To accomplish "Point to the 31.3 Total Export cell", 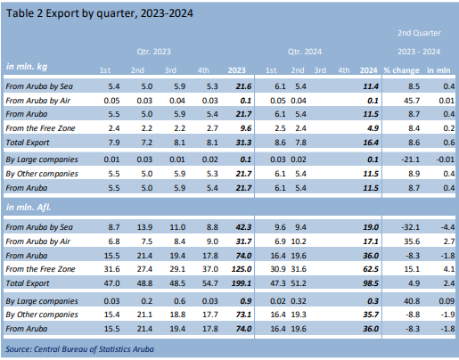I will tap(238, 141).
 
